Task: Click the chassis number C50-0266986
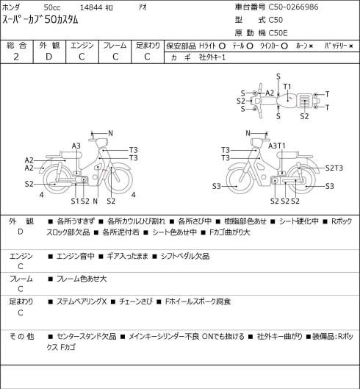click(x=293, y=7)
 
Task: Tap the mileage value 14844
click(x=91, y=7)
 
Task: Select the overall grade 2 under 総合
click(x=16, y=57)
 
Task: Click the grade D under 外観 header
click(x=48, y=57)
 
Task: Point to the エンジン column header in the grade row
click(x=82, y=46)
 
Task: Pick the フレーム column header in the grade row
click(x=115, y=46)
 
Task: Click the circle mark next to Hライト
click(x=222, y=46)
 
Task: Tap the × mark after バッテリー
click(x=351, y=46)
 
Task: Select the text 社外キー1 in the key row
click(x=212, y=57)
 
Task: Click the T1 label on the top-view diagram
click(x=287, y=87)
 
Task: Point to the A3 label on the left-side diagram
click(x=76, y=146)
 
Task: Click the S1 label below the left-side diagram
click(x=75, y=201)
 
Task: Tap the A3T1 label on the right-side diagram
click(x=277, y=146)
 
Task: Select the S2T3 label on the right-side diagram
click(x=334, y=168)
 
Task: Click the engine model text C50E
click(x=278, y=33)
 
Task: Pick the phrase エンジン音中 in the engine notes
click(x=76, y=256)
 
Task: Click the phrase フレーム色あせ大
click(x=82, y=279)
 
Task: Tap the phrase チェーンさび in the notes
click(x=135, y=301)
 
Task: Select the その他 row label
click(x=21, y=337)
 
